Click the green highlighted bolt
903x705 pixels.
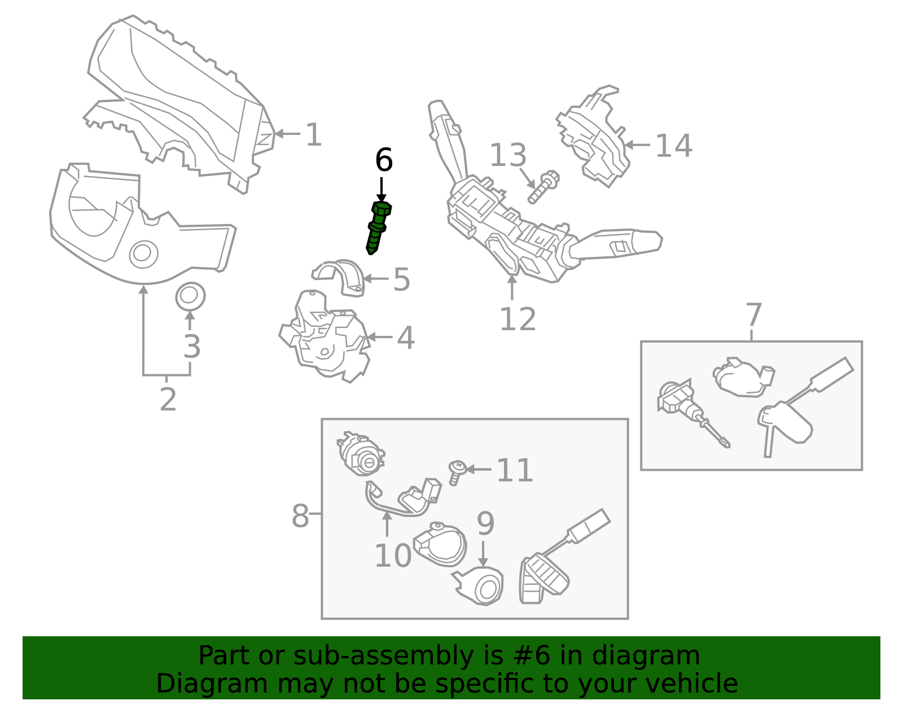point(378,227)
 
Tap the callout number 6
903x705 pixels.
point(384,160)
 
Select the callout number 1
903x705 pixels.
point(313,135)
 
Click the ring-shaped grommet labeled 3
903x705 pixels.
point(190,296)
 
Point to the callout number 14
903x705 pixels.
point(673,146)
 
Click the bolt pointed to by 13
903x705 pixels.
point(543,187)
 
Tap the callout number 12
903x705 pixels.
point(518,319)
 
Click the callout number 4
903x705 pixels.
point(406,338)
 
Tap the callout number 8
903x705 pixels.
point(300,516)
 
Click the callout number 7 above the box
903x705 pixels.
point(753,314)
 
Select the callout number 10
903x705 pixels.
point(393,556)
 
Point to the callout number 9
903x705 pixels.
point(485,524)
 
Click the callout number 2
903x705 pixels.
point(168,400)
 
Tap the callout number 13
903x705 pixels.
point(508,155)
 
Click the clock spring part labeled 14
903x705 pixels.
point(593,138)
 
